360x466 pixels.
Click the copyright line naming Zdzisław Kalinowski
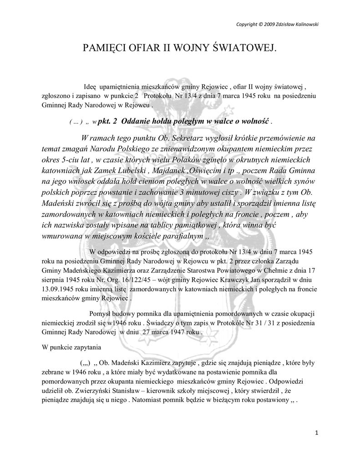pyautogui.click(x=277, y=24)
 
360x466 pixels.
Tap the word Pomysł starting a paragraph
pyautogui.click(x=100, y=314)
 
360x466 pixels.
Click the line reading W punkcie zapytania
pyautogui.click(x=69, y=347)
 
